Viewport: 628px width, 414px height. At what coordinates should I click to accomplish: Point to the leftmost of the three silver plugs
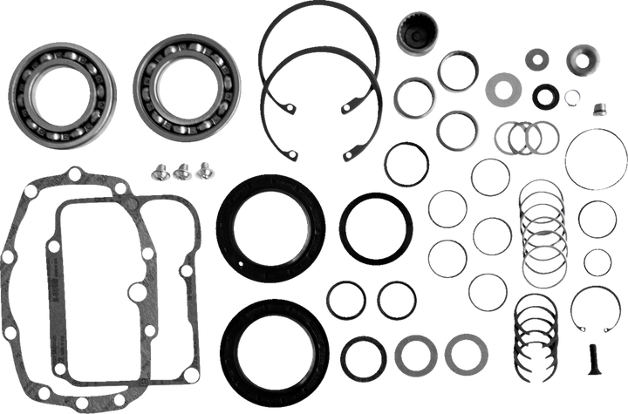tap(161, 171)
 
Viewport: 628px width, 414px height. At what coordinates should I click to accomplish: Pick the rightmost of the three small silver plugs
tap(204, 167)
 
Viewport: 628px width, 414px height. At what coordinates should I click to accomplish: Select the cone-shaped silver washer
tap(582, 60)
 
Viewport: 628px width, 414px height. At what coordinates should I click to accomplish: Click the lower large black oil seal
tap(274, 340)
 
